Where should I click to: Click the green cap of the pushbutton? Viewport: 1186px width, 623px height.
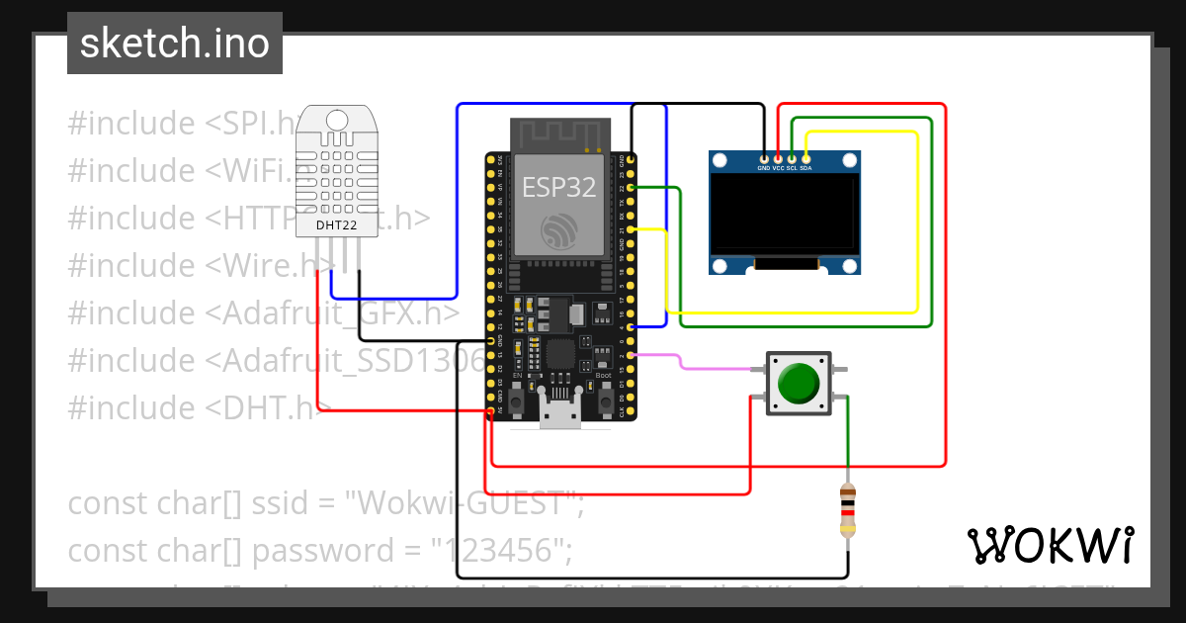tap(799, 383)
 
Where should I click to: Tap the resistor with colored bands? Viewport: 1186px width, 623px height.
tap(847, 510)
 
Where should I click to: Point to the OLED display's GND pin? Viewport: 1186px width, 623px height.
tap(764, 158)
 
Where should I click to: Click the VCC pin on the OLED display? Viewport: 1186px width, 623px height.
tap(778, 158)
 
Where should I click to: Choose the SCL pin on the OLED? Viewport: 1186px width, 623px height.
tap(792, 158)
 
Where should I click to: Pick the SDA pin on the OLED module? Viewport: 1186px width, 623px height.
tap(806, 158)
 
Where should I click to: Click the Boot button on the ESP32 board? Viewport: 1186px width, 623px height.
tap(603, 400)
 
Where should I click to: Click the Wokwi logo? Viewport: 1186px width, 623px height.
tap(1049, 546)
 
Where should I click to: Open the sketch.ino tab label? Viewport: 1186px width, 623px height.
tap(174, 44)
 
